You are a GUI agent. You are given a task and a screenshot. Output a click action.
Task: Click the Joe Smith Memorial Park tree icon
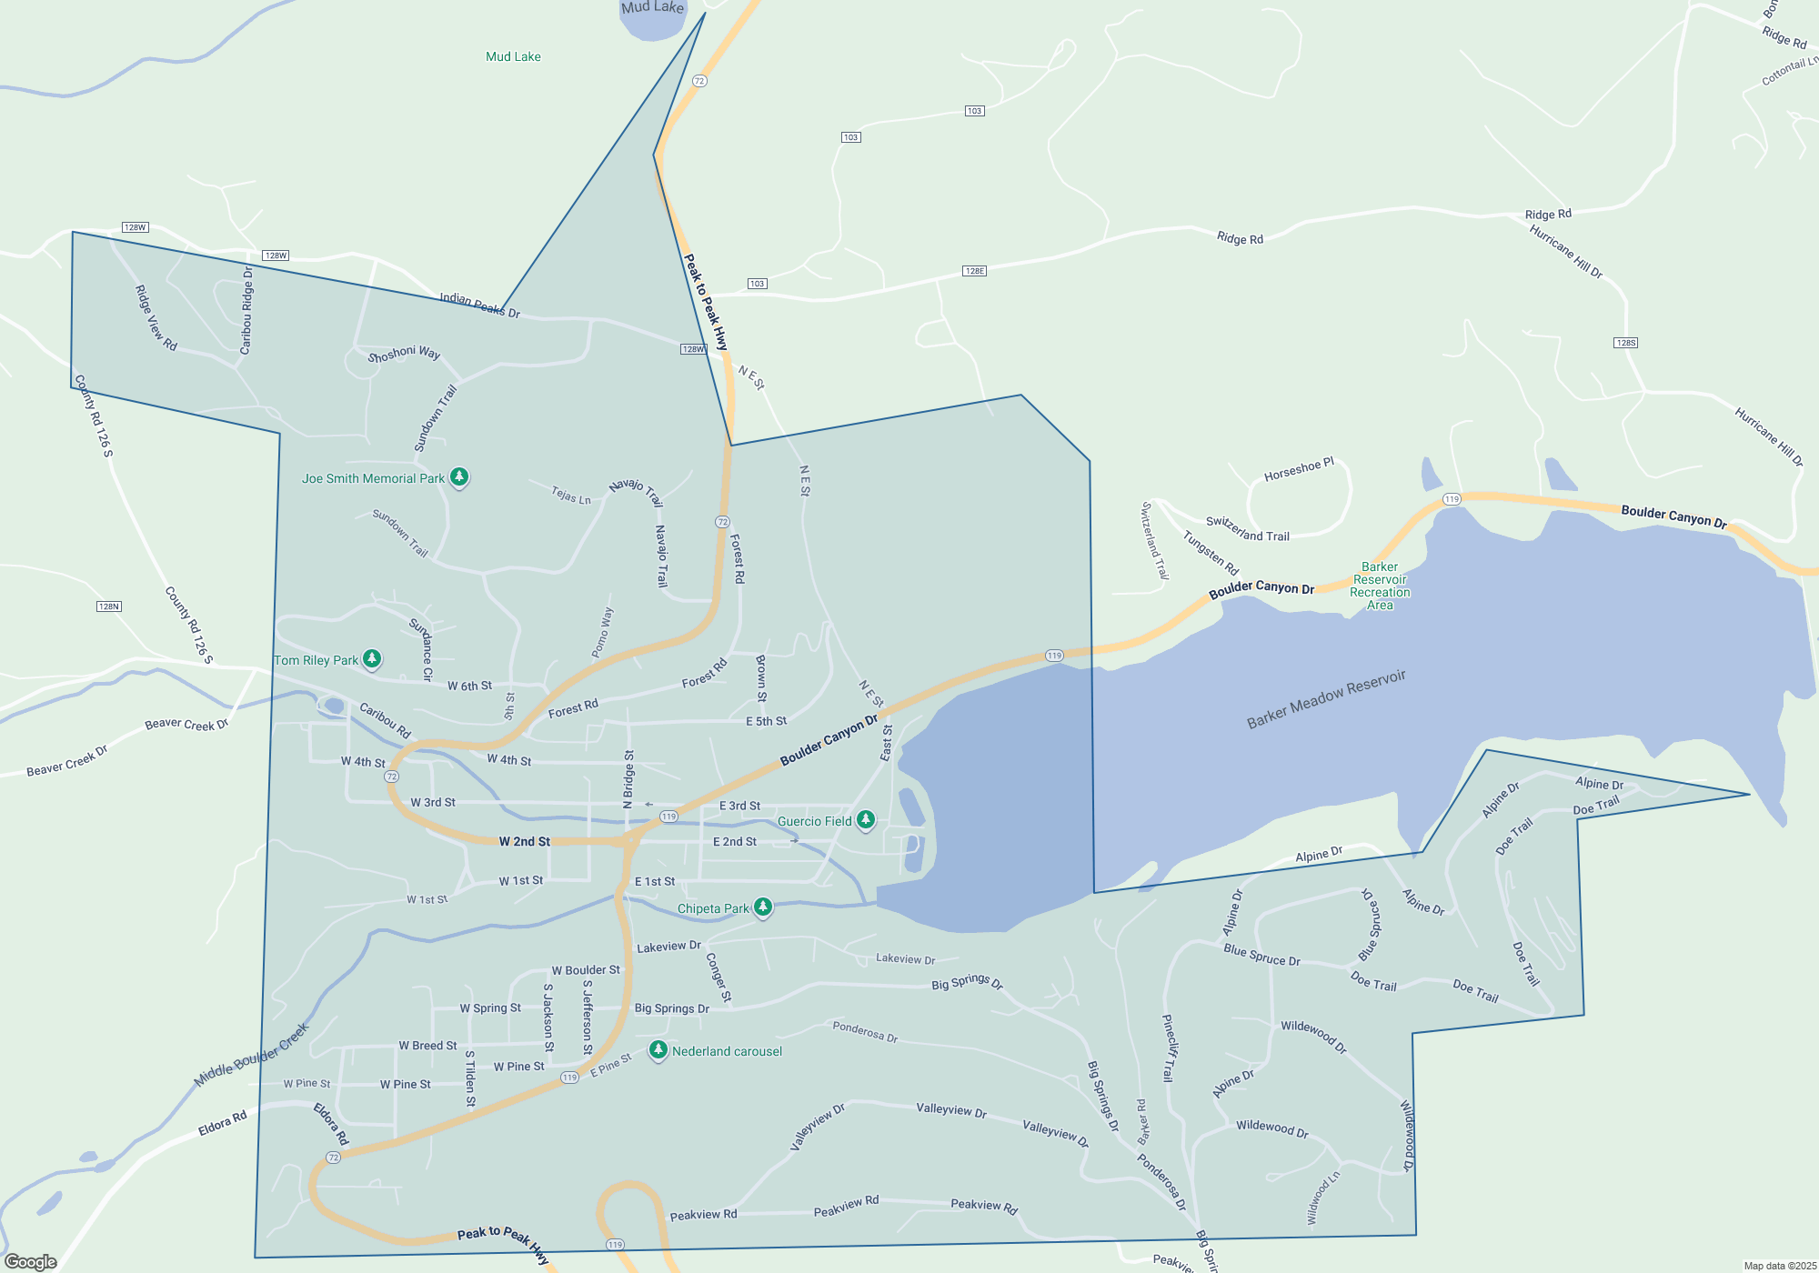pyautogui.click(x=459, y=476)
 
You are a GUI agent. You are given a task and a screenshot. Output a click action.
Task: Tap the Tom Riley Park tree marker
pyautogui.click(x=371, y=658)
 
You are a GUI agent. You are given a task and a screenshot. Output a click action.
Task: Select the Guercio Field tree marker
pyautogui.click(x=866, y=820)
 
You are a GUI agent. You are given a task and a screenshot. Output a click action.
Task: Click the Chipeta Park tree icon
pyautogui.click(x=763, y=907)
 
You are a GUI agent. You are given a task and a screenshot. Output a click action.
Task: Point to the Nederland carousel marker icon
pyautogui.click(x=658, y=1050)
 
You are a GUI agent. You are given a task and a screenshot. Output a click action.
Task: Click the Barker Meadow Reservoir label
pyautogui.click(x=1326, y=699)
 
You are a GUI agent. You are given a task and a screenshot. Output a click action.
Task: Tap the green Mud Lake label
pyautogui.click(x=513, y=56)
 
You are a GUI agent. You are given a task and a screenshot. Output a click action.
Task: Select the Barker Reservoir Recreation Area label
pyautogui.click(x=1380, y=586)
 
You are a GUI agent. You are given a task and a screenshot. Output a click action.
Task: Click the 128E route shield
pyautogui.click(x=974, y=271)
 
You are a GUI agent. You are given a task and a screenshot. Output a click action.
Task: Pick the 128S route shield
pyautogui.click(x=1625, y=343)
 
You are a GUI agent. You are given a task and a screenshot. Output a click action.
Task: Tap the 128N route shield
pyautogui.click(x=109, y=606)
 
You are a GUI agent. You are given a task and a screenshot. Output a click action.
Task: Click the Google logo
pyautogui.click(x=31, y=1261)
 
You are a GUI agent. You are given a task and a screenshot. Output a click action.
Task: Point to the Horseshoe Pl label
pyautogui.click(x=1299, y=470)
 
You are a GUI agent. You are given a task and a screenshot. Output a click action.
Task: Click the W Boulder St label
pyautogui.click(x=586, y=970)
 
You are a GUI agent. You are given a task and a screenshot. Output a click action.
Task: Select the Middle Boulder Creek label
pyautogui.click(x=252, y=1055)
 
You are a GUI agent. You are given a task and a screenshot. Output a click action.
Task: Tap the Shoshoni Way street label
pyautogui.click(x=404, y=354)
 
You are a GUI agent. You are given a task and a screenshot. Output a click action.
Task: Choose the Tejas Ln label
pyautogui.click(x=571, y=496)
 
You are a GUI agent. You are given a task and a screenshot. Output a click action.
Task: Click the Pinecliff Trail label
pyautogui.click(x=1169, y=1047)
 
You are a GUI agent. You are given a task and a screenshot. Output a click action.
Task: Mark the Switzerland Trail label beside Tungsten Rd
pyautogui.click(x=1247, y=529)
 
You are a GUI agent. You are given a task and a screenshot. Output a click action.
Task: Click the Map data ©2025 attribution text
pyautogui.click(x=1779, y=1266)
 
